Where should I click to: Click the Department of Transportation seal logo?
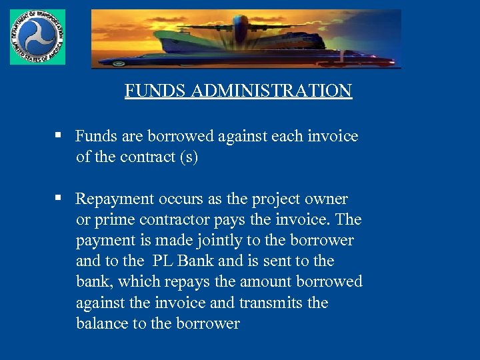coord(37,37)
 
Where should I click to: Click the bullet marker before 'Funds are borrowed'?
coord(59,135)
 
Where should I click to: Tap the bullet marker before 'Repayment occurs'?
coord(59,198)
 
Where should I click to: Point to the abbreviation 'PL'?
coord(163,261)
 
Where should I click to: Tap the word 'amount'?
coord(275,281)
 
